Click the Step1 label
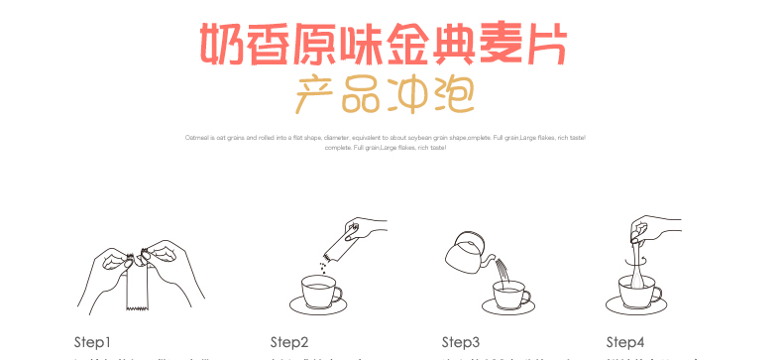click(92, 342)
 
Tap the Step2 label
click(289, 342)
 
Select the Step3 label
click(461, 342)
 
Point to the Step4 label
click(625, 342)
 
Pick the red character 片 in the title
click(553, 42)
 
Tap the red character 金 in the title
click(420, 42)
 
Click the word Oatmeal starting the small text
click(196, 137)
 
